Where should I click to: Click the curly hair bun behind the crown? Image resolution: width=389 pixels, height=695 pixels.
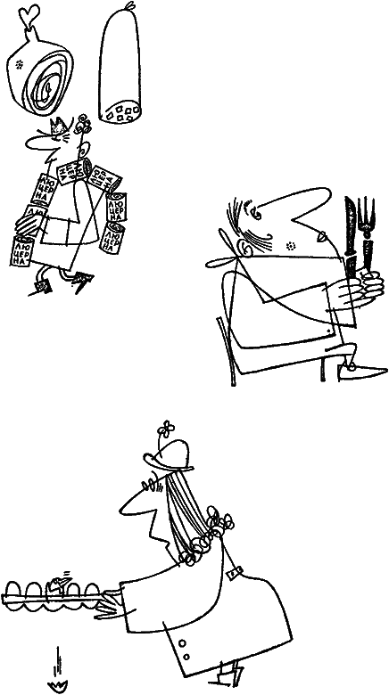click(x=82, y=125)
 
